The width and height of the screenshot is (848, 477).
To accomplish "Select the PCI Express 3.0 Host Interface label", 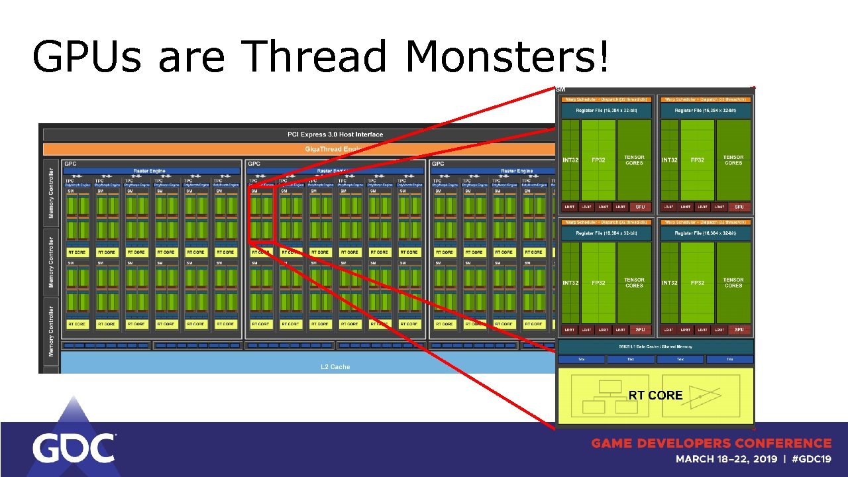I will (335, 134).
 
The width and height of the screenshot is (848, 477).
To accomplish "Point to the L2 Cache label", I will (335, 366).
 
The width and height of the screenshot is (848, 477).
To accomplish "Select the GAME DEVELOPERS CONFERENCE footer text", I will (711, 443).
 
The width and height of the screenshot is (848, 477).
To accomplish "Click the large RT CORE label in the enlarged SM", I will (655, 396).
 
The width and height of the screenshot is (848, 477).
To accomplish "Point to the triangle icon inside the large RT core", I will (703, 396).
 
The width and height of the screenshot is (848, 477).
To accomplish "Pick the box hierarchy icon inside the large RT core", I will (608, 397).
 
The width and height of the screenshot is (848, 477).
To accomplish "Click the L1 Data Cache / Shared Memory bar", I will (655, 346).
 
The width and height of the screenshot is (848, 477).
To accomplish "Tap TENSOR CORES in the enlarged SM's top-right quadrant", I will (733, 160).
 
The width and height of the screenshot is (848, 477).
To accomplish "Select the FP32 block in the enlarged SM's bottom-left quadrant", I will (598, 283).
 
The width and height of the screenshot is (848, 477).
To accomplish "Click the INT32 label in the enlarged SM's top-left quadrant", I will (570, 160).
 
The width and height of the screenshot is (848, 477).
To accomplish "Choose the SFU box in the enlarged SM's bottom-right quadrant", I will (739, 329).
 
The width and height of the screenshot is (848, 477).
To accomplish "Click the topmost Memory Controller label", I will (51, 192).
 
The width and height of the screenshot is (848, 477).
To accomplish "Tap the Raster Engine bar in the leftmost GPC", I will (148, 171).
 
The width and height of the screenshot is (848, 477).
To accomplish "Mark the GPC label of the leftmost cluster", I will (70, 164).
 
